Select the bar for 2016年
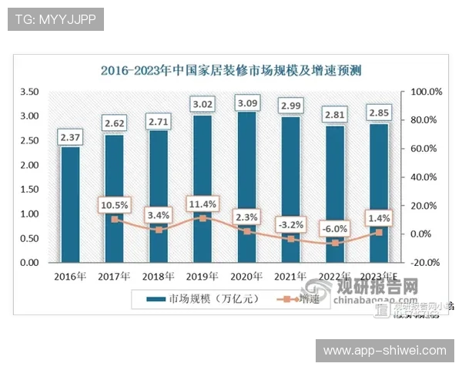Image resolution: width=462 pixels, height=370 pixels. coord(70,204)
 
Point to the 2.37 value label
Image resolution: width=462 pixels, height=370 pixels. coord(70,137)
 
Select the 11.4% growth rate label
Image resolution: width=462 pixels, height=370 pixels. coord(203,204)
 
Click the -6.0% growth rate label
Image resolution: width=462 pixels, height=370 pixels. coord(334,228)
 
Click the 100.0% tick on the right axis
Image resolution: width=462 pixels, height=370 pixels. coord(427,92)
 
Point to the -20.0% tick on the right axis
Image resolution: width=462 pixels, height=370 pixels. coord(427,263)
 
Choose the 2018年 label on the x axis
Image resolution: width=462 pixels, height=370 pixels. coord(158,276)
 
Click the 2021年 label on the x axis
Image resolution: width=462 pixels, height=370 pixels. coord(290,276)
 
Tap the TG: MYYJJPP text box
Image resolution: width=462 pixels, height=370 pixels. coord(55,19)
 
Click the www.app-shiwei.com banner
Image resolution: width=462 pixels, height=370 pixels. coord(384,351)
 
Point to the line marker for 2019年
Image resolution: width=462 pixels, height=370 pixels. coord(203,218)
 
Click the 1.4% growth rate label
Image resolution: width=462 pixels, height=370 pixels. coord(378,219)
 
